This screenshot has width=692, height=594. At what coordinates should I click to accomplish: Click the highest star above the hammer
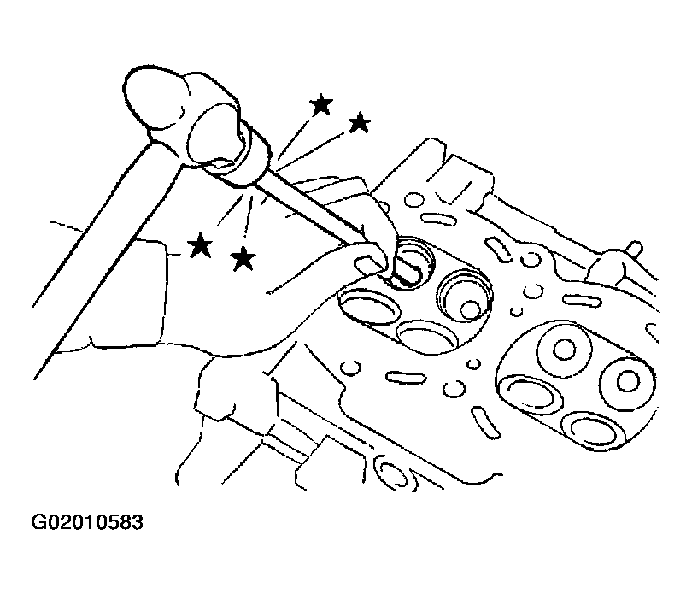pos(321,105)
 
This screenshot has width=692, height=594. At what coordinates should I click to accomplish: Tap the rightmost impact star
pos(359,123)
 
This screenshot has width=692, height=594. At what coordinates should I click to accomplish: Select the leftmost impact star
pos(201,245)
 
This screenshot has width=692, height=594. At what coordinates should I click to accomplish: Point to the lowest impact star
pos(243,258)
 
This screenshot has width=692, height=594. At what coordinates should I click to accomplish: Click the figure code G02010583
pos(87,522)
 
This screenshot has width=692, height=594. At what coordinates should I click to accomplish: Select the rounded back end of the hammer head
pos(152,98)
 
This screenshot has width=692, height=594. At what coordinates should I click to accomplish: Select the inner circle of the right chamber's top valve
pos(564,349)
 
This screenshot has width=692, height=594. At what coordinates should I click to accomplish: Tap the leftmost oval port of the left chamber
pos(367,308)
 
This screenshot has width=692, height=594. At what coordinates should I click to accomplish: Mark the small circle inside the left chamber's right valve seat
pos(471,309)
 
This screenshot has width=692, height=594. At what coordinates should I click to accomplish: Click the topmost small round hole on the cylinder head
pos(413,199)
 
